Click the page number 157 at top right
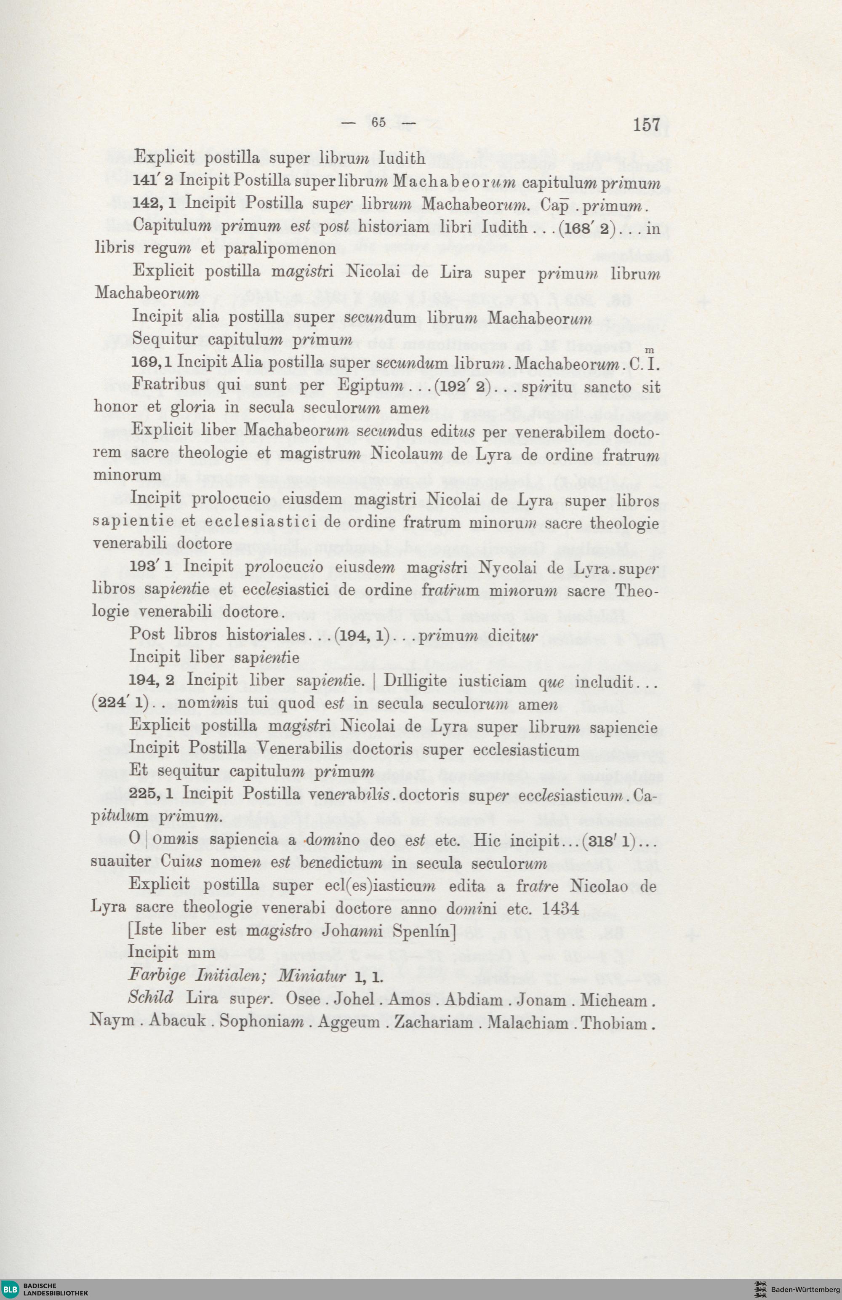pos(647,125)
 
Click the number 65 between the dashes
pos(378,123)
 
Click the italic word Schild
pos(150,998)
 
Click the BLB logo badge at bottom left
pos(11,1289)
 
